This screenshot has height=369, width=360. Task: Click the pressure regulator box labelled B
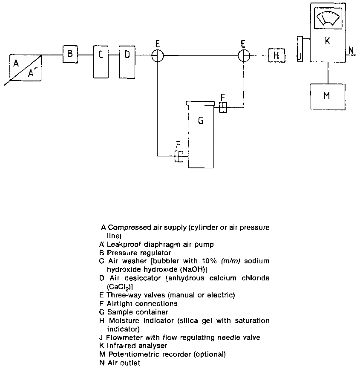coord(70,54)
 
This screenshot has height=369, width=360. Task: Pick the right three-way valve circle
coord(243,55)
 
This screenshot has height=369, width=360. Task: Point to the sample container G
coord(201,135)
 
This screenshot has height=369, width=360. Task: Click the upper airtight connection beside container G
coord(223,108)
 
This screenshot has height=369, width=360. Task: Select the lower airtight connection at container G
coord(179,157)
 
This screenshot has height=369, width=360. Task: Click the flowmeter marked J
coord(300,49)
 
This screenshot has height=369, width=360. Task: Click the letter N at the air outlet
coord(351,51)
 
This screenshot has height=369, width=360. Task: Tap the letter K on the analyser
coord(327,41)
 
